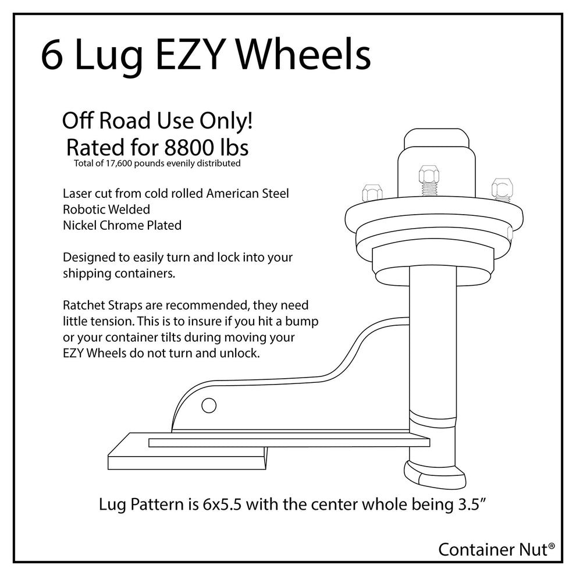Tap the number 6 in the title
[x=52, y=56]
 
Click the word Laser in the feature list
[x=77, y=194]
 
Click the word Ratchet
[x=83, y=305]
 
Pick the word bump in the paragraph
[x=304, y=321]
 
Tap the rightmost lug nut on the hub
[x=501, y=189]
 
